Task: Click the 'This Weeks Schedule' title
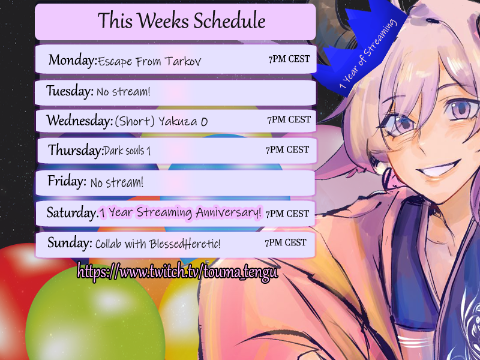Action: [182, 20]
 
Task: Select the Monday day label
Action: [73, 59]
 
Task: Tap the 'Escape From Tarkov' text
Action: [149, 61]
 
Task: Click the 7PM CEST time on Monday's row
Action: [289, 59]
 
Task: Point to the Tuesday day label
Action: [70, 91]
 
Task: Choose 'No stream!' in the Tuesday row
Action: [124, 92]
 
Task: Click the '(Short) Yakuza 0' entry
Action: [161, 121]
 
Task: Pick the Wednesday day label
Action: [80, 121]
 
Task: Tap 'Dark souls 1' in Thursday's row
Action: [127, 151]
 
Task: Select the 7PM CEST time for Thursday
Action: [287, 149]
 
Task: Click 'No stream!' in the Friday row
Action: [116, 183]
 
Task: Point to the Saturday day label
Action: [72, 212]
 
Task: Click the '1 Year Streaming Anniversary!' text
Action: [181, 212]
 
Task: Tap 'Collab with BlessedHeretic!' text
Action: [158, 244]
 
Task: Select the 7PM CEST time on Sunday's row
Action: [286, 242]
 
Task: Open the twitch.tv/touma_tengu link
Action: [178, 272]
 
